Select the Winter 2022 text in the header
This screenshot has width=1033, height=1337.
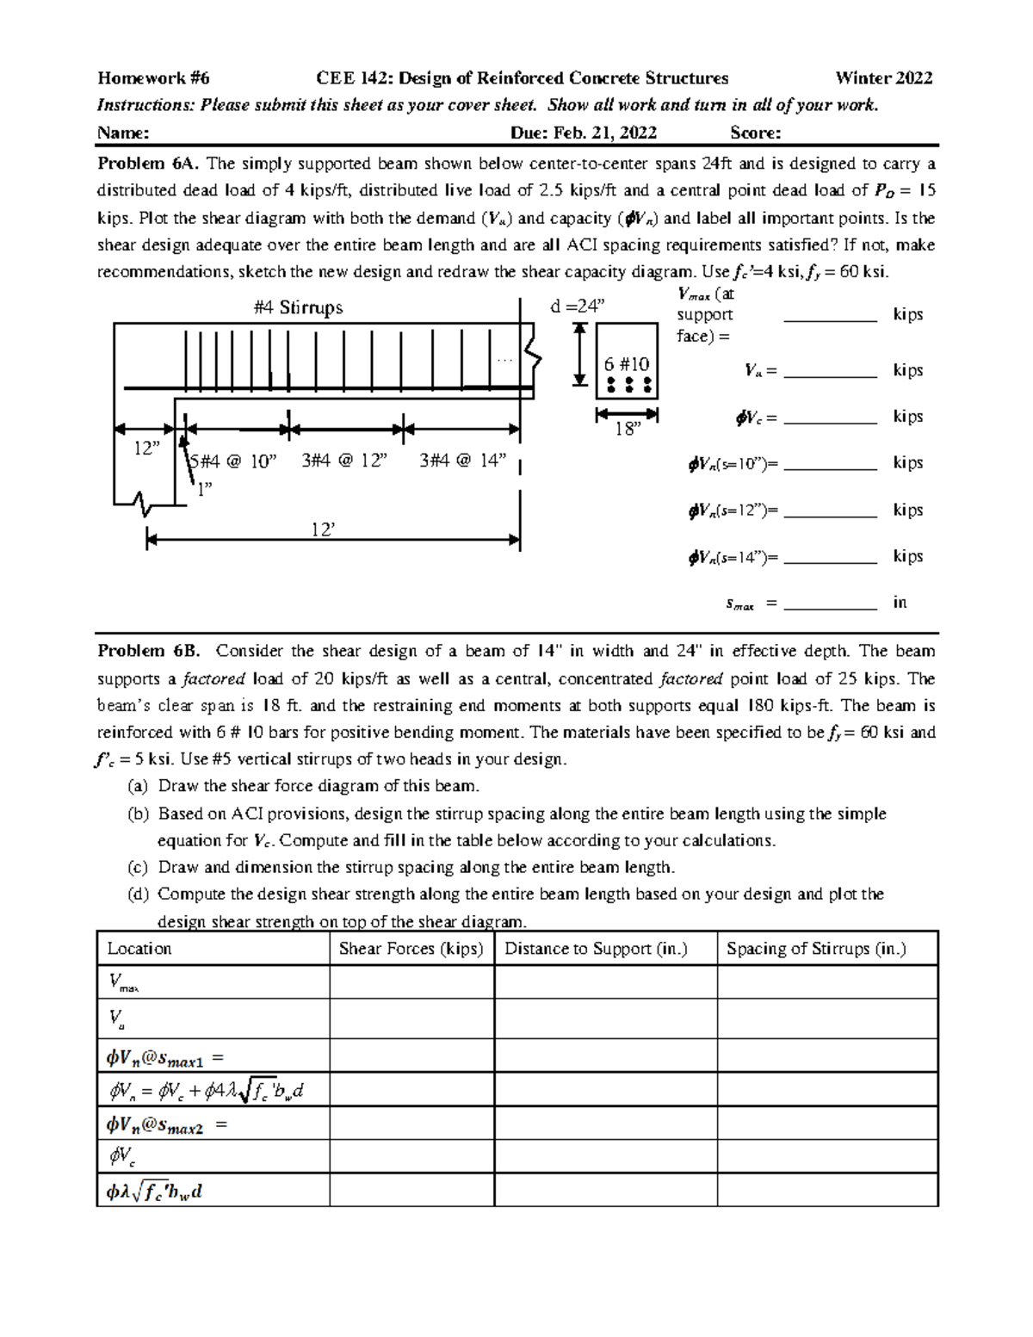[883, 78]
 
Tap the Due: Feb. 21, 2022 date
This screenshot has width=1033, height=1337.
[583, 133]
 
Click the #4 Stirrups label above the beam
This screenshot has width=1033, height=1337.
[299, 307]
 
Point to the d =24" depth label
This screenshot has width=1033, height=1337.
[578, 306]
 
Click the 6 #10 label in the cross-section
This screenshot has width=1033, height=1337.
[627, 364]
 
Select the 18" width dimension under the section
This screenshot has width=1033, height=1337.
[628, 429]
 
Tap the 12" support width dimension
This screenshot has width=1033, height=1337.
[147, 449]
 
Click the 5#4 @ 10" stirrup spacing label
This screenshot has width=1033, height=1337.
[233, 461]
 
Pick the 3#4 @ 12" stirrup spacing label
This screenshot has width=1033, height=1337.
[344, 461]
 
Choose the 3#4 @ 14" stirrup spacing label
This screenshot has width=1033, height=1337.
[462, 461]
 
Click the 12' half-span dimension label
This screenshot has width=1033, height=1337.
[323, 529]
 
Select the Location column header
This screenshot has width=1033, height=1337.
[139, 949]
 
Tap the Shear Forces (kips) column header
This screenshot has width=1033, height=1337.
[411, 949]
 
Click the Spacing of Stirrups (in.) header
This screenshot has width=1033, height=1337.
[816, 949]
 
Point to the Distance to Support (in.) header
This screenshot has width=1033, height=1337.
[596, 949]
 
